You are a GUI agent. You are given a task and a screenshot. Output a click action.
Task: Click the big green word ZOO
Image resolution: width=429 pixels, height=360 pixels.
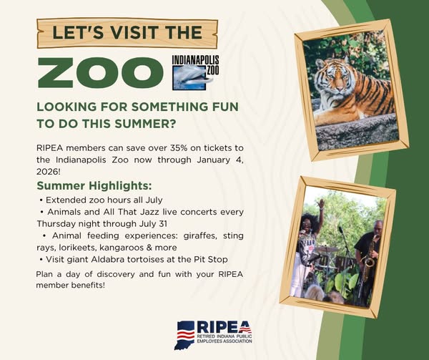tap(100, 73)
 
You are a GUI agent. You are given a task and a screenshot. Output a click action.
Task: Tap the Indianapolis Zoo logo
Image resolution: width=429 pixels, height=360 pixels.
tap(196, 72)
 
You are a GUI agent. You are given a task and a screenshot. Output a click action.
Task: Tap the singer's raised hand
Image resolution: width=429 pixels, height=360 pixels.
tap(321, 204)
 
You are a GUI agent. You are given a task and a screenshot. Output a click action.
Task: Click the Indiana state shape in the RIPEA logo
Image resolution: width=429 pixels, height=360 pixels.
tap(184, 335)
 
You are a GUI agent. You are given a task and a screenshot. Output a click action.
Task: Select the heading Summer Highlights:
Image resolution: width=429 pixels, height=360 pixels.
tap(94, 185)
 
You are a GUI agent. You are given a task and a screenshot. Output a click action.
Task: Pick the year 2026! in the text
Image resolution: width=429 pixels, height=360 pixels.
tap(47, 172)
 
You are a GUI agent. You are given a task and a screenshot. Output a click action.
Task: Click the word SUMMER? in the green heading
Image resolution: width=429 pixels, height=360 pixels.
tap(144, 124)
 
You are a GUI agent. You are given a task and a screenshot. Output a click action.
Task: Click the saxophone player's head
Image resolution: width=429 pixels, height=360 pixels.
tap(378, 227)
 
